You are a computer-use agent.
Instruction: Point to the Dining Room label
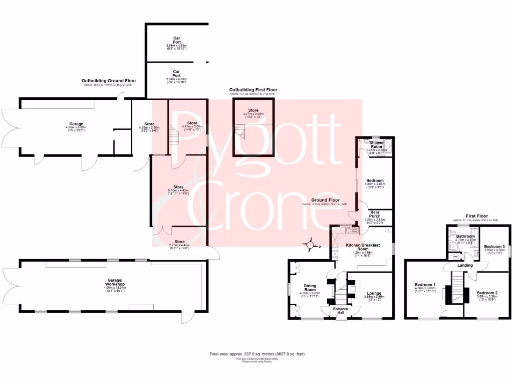(x=310, y=288)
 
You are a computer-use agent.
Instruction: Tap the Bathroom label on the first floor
(x=465, y=236)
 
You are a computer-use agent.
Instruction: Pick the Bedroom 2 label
(x=486, y=293)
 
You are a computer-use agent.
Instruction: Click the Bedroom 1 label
(x=425, y=285)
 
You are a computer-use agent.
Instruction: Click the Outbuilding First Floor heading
(x=253, y=90)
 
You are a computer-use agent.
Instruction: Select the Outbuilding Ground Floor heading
(x=109, y=80)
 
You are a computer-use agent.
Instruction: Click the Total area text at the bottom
(x=257, y=354)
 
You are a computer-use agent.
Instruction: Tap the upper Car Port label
(x=176, y=40)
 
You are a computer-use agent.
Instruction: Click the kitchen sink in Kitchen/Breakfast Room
(x=349, y=230)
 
